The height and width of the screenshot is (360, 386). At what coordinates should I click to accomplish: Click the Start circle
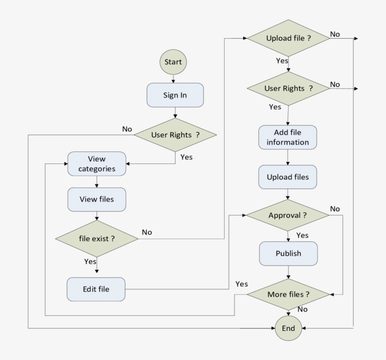[173, 62]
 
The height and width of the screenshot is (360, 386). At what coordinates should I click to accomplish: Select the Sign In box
[175, 95]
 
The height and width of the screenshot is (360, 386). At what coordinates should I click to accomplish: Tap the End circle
[288, 328]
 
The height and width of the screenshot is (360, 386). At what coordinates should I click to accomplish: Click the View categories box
[96, 164]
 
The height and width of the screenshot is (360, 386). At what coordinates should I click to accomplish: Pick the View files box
[96, 199]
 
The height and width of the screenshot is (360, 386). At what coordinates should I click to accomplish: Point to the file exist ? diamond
[97, 238]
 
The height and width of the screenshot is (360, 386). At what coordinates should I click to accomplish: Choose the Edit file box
[96, 289]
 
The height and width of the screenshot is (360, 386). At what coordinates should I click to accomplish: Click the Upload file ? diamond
[288, 38]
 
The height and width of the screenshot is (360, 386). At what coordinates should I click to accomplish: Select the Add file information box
[288, 137]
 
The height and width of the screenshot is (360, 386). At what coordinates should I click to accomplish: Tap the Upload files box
[288, 177]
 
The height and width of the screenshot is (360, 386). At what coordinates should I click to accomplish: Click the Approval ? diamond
[288, 215]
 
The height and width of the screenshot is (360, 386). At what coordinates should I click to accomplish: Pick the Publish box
[288, 254]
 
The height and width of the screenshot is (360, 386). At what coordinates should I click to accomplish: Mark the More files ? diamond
[288, 295]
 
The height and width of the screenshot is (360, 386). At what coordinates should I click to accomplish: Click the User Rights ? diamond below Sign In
[175, 135]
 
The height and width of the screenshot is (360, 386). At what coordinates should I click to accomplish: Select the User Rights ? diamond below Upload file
[288, 89]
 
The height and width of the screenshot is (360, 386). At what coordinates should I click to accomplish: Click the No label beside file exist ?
[147, 232]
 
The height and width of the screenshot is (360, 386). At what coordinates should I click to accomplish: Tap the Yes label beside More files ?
[241, 284]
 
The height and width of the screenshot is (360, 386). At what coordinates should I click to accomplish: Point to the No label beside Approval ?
[335, 209]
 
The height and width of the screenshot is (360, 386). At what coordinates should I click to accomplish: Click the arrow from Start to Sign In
[173, 79]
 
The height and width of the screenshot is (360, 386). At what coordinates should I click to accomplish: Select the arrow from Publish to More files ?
[288, 272]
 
